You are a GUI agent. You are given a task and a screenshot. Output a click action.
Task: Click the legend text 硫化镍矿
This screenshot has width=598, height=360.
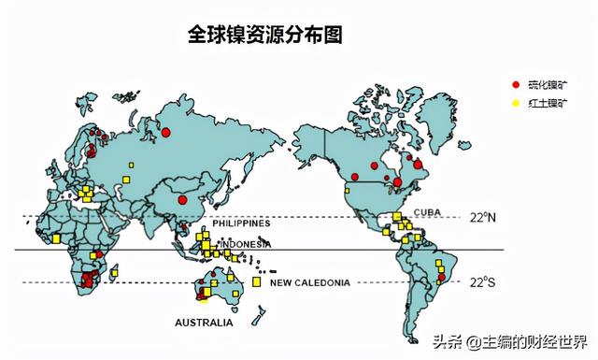[x=548, y=85]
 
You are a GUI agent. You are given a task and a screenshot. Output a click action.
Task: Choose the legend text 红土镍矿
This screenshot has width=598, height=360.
[x=548, y=103]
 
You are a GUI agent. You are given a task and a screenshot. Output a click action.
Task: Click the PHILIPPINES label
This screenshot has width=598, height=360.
[x=241, y=223]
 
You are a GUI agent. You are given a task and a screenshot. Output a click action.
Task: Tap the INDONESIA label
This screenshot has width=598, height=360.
[x=246, y=245]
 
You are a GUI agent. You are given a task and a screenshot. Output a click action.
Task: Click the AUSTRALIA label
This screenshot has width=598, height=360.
[x=204, y=323]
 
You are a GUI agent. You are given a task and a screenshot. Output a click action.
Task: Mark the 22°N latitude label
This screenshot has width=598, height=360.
[x=483, y=217]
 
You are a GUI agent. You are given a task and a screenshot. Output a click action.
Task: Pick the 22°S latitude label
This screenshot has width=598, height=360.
[x=483, y=281]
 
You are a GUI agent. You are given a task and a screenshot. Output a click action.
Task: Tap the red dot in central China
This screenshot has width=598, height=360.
[x=181, y=199]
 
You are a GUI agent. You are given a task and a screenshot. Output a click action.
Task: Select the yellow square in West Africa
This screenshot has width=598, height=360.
[x=56, y=238]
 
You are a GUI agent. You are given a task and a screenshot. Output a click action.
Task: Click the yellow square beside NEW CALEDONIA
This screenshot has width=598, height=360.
[x=256, y=281]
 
